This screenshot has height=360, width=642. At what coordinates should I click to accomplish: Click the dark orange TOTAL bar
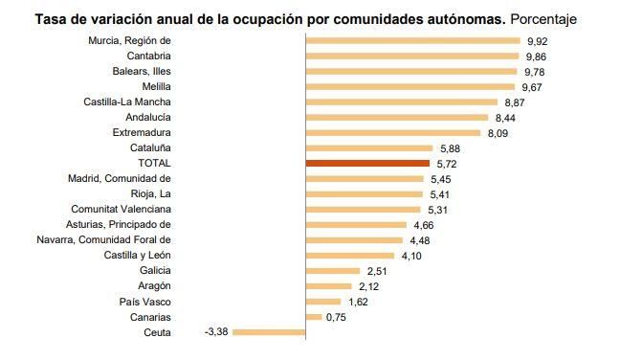tap(367, 164)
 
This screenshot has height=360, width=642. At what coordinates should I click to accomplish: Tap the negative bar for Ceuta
tap(269, 332)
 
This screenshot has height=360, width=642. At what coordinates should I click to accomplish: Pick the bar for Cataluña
tap(369, 148)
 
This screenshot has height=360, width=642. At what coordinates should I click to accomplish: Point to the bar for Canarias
tap(313, 317)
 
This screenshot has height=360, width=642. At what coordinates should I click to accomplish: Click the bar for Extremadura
tap(392, 133)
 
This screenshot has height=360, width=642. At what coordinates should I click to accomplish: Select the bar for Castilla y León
tap(349, 256)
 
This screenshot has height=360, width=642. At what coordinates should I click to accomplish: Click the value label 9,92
tap(536, 41)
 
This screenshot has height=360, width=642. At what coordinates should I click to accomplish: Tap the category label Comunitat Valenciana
tap(121, 210)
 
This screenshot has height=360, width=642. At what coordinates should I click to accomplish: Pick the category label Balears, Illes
tap(138, 72)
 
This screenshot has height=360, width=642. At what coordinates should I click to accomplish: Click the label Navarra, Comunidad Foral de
tap(103, 240)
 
